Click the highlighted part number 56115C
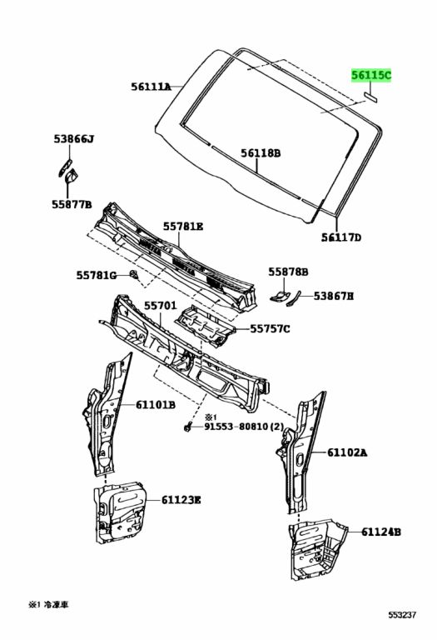(370, 75)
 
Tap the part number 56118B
(261, 153)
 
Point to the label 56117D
(341, 237)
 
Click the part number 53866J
(74, 139)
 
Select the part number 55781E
(183, 226)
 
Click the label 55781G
(97, 275)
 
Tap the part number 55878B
(288, 272)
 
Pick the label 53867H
(334, 296)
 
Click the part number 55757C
(270, 329)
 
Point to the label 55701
(160, 306)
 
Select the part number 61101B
(155, 405)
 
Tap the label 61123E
(181, 500)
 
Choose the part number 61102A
(347, 452)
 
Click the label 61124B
(381, 531)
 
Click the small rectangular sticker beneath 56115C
(370, 94)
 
